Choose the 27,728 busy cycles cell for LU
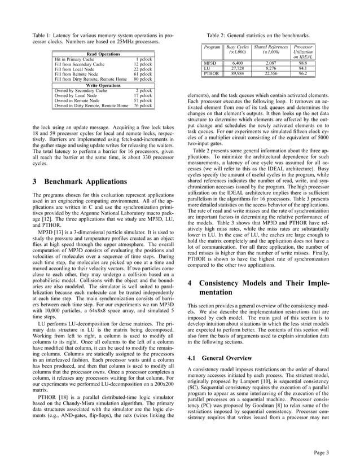click(237, 68)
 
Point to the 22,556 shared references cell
click(271, 73)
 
